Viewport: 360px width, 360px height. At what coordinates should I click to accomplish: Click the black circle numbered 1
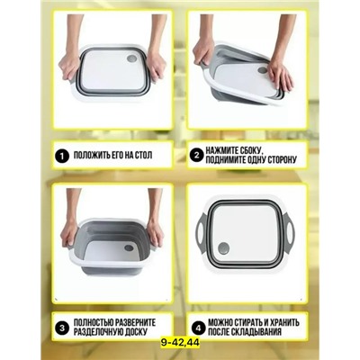(x=62, y=156)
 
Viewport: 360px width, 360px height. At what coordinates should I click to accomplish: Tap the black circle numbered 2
(x=196, y=156)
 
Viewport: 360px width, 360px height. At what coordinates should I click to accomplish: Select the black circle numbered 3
(x=62, y=328)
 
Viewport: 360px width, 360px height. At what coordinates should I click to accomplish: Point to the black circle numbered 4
(x=197, y=328)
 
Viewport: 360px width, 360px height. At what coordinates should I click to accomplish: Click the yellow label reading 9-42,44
(x=179, y=342)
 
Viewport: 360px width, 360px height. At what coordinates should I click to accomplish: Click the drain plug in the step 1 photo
(x=131, y=58)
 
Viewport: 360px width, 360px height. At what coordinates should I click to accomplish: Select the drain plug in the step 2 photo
(x=262, y=70)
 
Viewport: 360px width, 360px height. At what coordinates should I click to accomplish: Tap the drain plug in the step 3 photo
(x=129, y=247)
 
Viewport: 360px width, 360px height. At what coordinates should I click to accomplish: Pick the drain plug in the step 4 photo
(x=224, y=248)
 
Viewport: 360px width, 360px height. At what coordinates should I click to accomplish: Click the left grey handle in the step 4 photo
(x=202, y=230)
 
